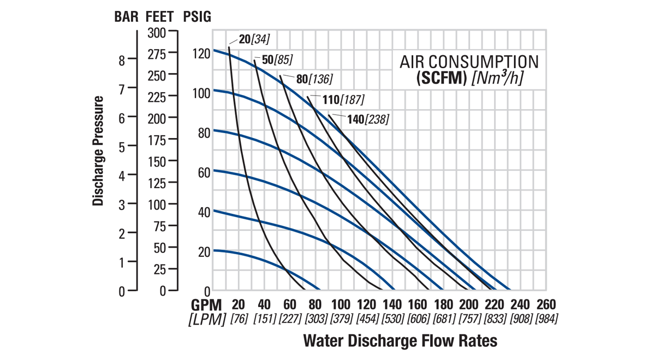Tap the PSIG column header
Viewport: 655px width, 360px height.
[x=196, y=17]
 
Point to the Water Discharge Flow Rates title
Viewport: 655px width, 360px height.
[x=400, y=341]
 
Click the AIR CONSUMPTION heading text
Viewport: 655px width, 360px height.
[x=469, y=62]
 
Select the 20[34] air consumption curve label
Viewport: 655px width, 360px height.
[x=254, y=39]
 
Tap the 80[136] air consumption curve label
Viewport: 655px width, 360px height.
[x=314, y=79]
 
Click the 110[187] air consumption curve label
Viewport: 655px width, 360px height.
[x=343, y=99]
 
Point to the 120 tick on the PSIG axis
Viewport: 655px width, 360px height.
[x=201, y=53]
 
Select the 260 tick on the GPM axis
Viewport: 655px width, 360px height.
[x=546, y=304]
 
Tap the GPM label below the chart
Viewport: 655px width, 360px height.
[x=207, y=304]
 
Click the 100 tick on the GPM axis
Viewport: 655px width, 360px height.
[x=341, y=304]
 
